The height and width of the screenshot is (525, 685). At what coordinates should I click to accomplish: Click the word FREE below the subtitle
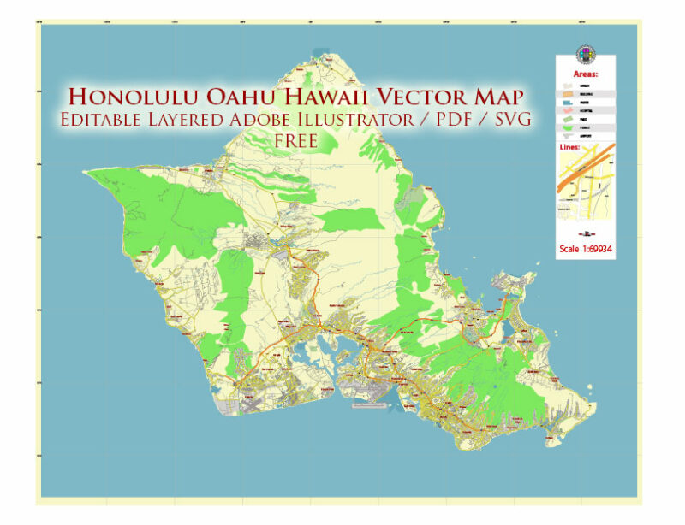297,140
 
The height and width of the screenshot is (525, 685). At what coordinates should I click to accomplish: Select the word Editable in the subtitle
104,120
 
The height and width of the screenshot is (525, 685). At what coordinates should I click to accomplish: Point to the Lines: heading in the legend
569,147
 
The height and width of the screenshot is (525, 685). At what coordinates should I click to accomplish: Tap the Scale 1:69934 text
586,250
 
